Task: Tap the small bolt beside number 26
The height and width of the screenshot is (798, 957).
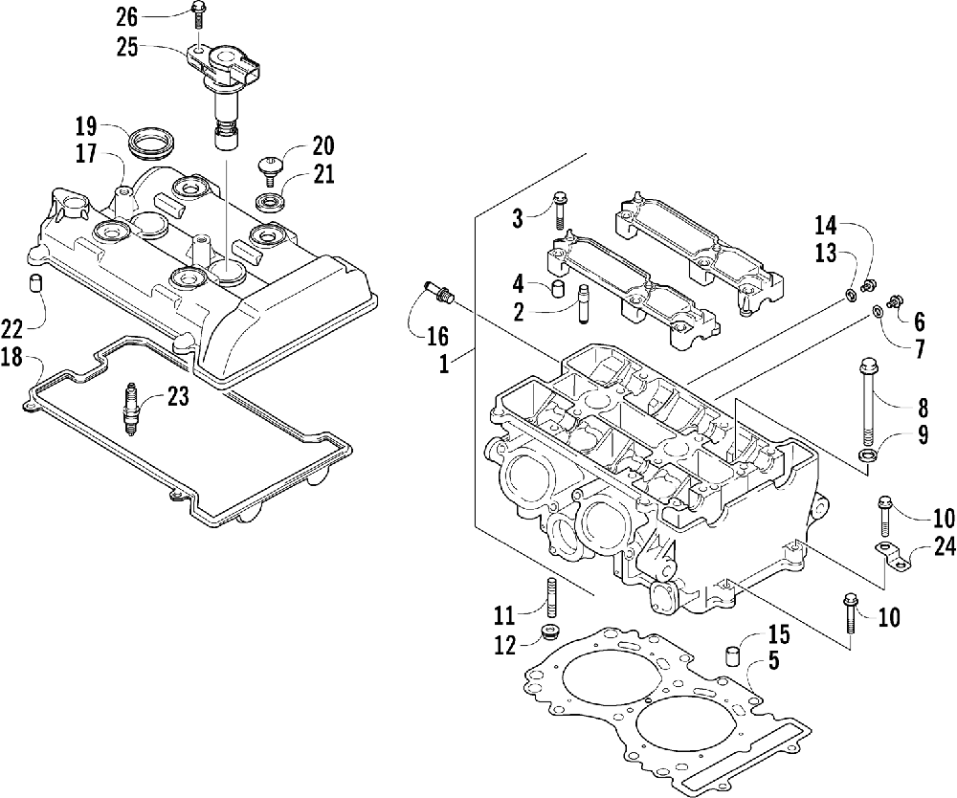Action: click(x=196, y=13)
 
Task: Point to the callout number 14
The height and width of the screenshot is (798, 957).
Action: click(x=825, y=226)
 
